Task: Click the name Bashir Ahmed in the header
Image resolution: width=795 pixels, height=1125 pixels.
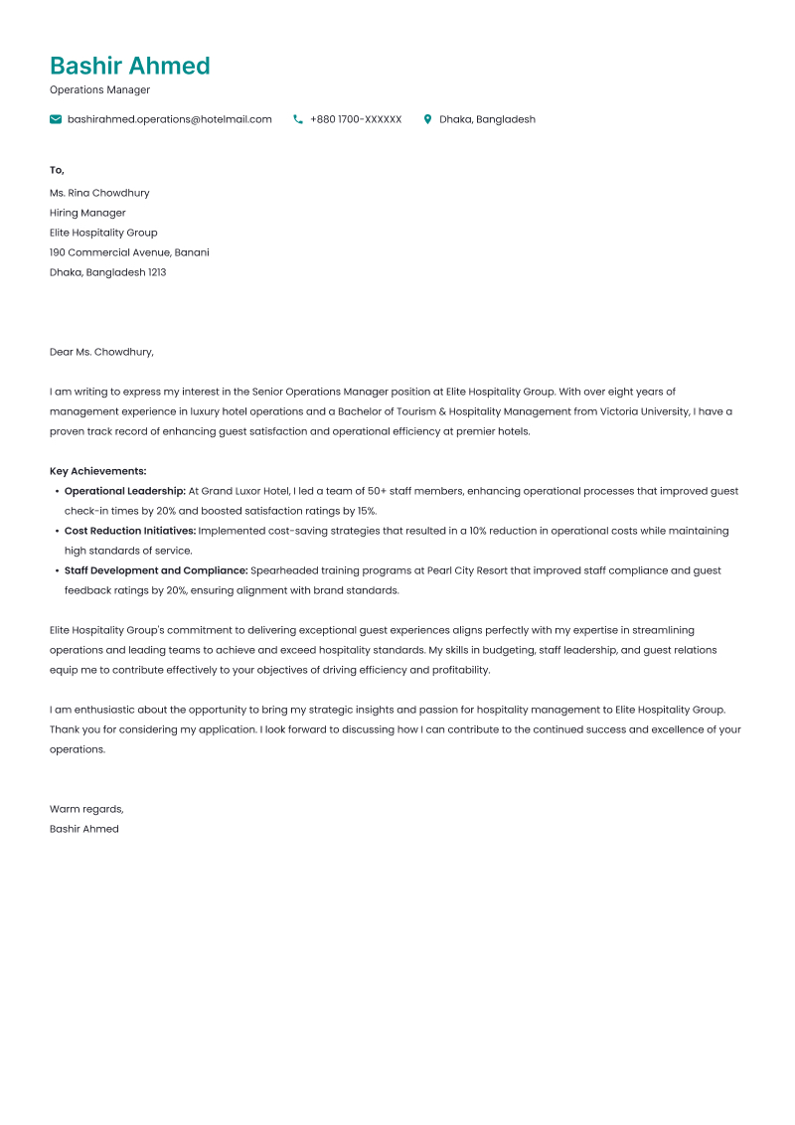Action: coord(130,67)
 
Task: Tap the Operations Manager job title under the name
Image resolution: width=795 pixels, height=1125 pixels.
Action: coord(99,90)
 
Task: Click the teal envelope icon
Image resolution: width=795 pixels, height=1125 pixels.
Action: coord(56,119)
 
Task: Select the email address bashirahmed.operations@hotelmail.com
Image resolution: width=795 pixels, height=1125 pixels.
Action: coord(169,119)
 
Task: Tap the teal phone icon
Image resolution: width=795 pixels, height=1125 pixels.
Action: coord(298,119)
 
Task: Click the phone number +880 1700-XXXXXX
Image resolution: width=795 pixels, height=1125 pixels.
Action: coord(356,119)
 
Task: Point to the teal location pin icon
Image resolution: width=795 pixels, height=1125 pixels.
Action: coord(427,119)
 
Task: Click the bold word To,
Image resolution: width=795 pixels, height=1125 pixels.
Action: coord(57,170)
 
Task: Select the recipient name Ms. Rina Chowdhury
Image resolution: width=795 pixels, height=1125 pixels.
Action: coord(99,193)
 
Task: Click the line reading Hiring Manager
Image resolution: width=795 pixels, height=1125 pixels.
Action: coord(87,213)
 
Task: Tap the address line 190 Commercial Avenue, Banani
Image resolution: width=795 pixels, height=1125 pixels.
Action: coord(129,252)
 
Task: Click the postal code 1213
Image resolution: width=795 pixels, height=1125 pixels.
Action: coord(157,272)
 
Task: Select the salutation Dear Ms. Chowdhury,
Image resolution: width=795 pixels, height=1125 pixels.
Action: coord(101,352)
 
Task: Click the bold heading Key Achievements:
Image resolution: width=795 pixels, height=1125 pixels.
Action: coord(97,471)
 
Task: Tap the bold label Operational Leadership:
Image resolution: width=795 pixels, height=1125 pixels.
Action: coord(125,491)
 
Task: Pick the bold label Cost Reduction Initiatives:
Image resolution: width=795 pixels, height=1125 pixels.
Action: coord(130,531)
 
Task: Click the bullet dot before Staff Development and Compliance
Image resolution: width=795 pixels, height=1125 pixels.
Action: coord(56,570)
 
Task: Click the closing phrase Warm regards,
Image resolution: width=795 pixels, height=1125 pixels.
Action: coord(86,809)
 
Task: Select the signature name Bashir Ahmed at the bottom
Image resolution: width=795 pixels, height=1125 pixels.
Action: coord(84,829)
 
